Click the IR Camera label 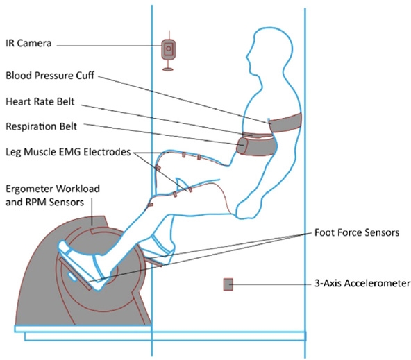tap(28, 43)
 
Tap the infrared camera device tap(168, 49)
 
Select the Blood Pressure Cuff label tap(50, 76)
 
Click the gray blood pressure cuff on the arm tap(286, 123)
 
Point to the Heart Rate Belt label tap(40, 101)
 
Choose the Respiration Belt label tap(42, 126)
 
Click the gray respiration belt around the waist tap(257, 146)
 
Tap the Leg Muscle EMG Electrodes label tap(68, 152)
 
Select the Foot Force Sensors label tap(357, 232)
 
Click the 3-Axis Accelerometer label tap(362, 283)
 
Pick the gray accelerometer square tap(228, 284)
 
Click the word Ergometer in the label tap(28, 189)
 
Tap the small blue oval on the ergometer tap(72, 277)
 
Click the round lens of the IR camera tap(169, 49)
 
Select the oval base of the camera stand tap(168, 69)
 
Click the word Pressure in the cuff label tap(55, 76)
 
